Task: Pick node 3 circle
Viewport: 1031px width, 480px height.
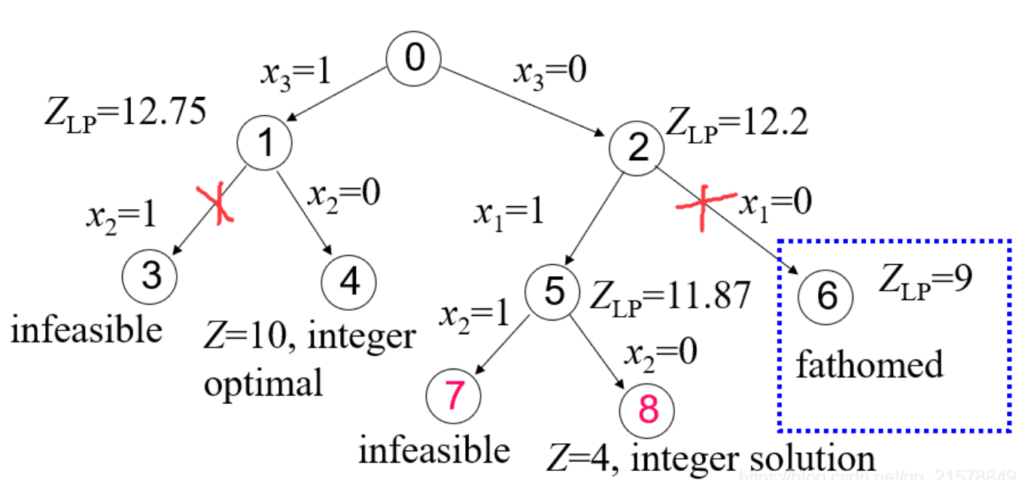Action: [x=151, y=277]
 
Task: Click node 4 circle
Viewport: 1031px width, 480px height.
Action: [x=349, y=282]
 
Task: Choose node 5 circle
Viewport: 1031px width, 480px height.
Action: [x=553, y=291]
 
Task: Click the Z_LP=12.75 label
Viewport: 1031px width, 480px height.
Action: [x=126, y=115]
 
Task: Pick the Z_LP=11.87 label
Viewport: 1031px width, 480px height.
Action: [x=670, y=296]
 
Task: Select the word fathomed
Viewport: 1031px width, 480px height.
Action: [x=869, y=365]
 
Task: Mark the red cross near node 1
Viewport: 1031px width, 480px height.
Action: [x=217, y=203]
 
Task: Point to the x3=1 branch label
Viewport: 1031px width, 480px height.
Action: [x=297, y=73]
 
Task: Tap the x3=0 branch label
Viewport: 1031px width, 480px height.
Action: [x=549, y=72]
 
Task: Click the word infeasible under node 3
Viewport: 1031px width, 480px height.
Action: [x=87, y=329]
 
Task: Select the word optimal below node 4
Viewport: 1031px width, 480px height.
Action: [x=263, y=383]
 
